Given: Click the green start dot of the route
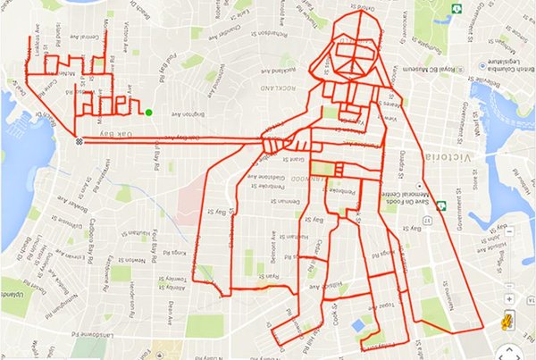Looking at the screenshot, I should coord(149,113).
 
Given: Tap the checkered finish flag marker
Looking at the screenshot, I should coord(80,140).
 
